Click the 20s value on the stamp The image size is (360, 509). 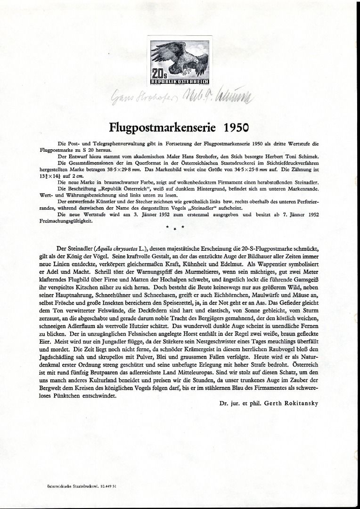coord(157,74)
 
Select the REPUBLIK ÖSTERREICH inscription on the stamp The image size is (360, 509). coord(180,82)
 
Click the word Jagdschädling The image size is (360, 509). coord(56,360)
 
